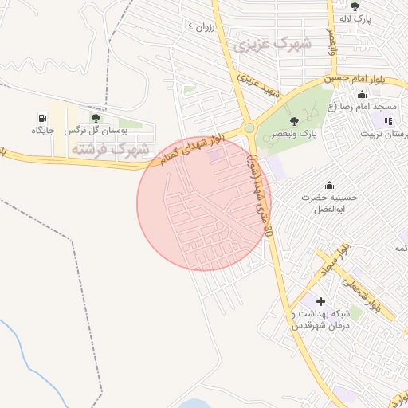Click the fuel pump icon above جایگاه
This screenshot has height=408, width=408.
(41, 118)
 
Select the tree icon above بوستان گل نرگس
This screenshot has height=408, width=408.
(96, 118)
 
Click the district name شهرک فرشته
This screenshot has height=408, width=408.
(111, 149)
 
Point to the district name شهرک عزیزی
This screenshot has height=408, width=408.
(272, 45)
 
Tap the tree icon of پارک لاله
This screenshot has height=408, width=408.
(355, 6)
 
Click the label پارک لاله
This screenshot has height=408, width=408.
(355, 18)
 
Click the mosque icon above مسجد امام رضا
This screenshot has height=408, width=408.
(363, 95)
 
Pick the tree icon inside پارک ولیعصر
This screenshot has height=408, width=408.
(295, 121)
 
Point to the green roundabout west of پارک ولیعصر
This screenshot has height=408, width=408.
(249, 127)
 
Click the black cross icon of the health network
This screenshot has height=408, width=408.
(320, 302)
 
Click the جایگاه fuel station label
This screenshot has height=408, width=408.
(41, 130)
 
